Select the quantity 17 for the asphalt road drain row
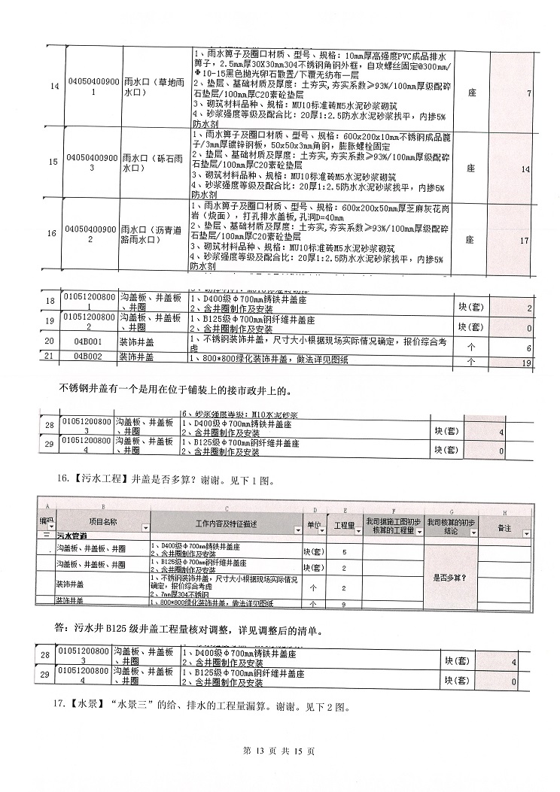tap(525, 241)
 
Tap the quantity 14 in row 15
tap(525, 169)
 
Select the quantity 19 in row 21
tap(526, 363)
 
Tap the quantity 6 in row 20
tap(529, 348)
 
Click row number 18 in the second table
tap(50, 302)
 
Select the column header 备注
tap(504, 527)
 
